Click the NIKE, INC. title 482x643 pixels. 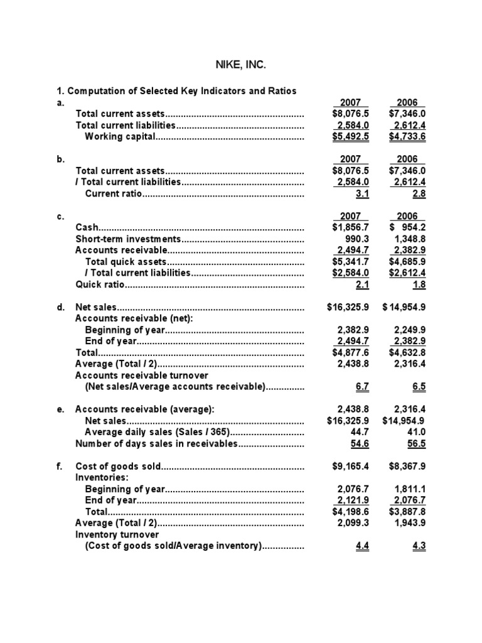click(240, 64)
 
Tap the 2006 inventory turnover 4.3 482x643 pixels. click(419, 546)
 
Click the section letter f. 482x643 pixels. click(59, 466)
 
